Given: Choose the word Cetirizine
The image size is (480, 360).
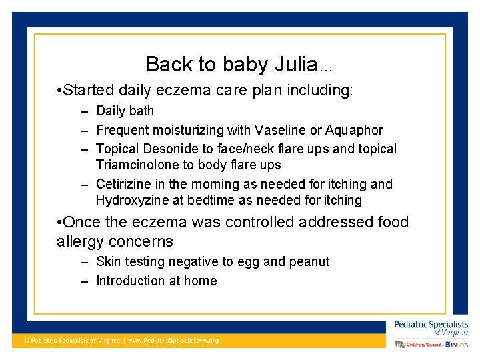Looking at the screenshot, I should pos(124,184).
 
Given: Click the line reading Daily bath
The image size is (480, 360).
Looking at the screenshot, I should pos(125,111).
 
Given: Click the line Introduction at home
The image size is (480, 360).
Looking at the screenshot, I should pos(156,281).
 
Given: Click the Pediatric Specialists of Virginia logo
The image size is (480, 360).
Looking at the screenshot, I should pos(431,327).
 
